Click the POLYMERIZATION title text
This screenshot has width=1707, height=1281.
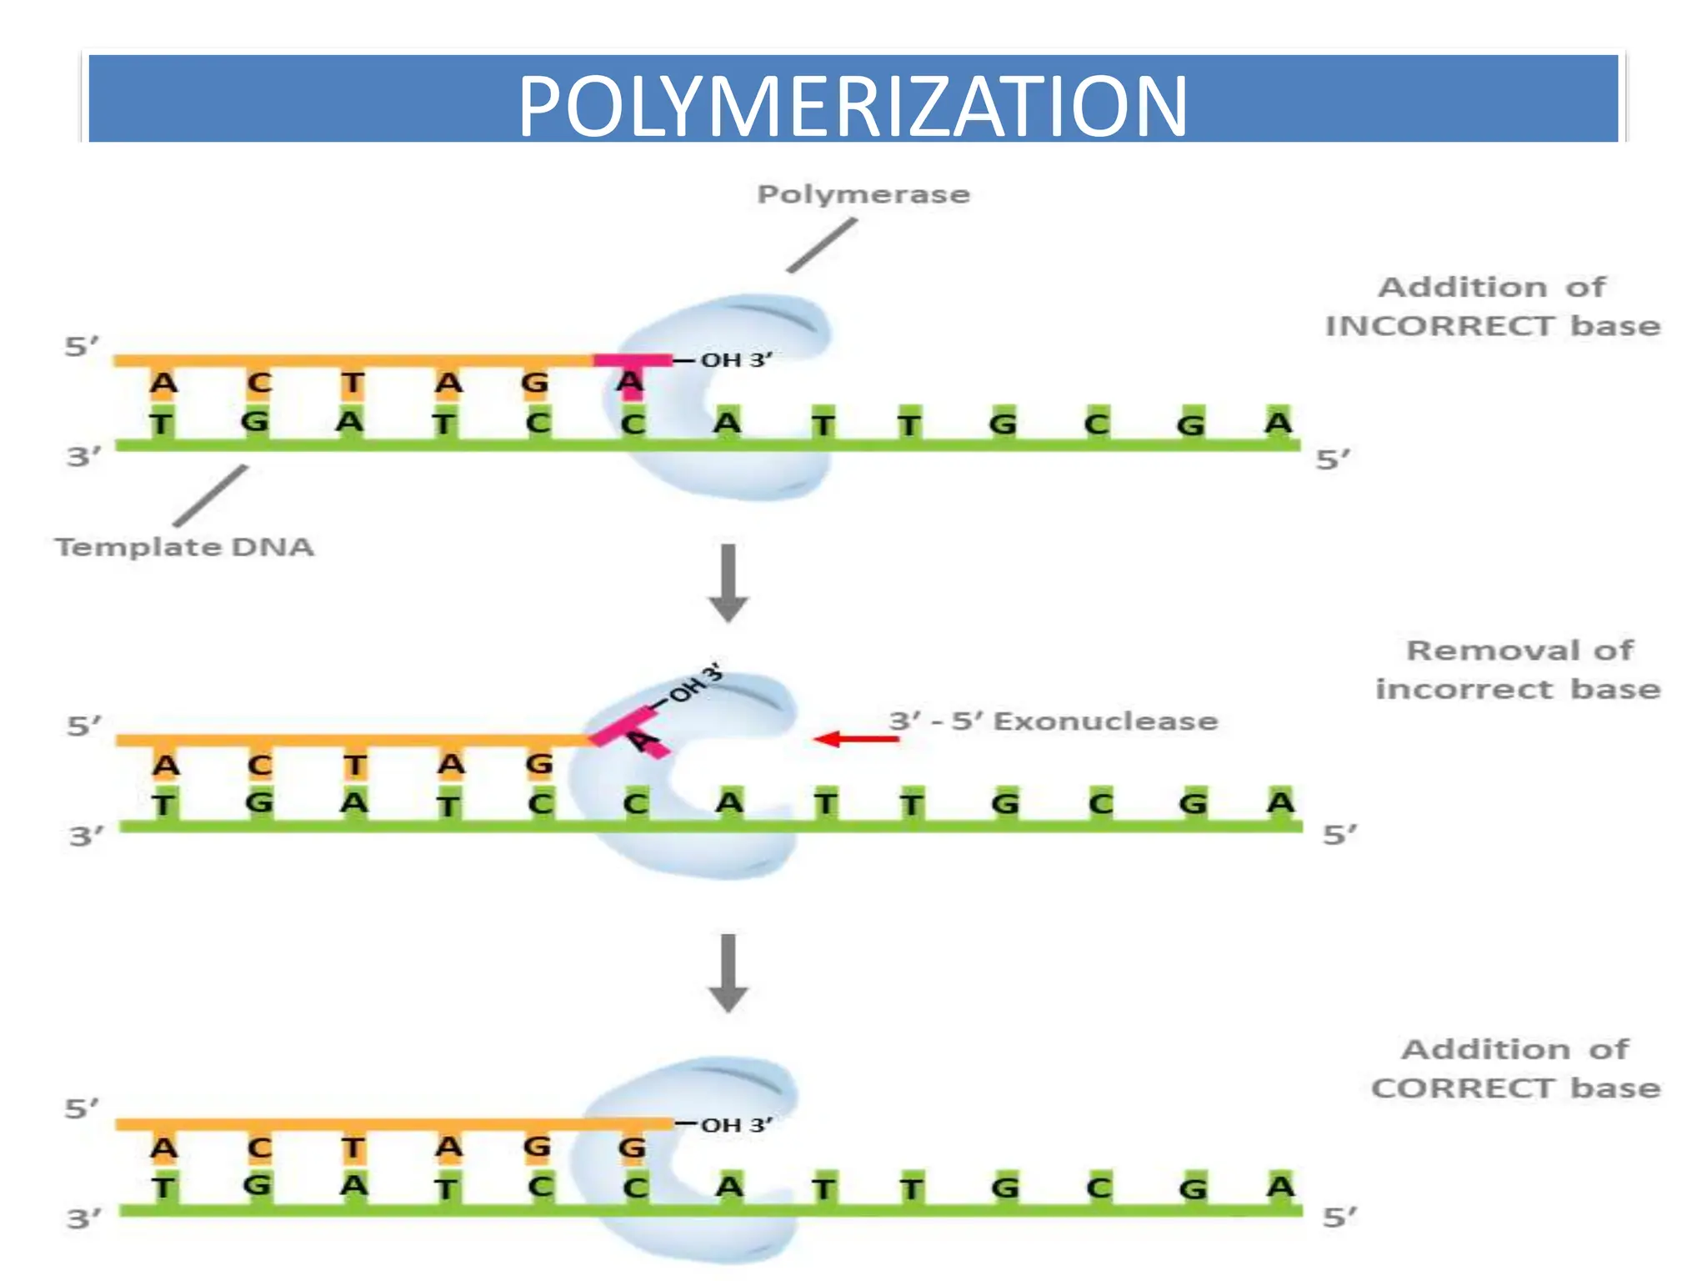coord(852,107)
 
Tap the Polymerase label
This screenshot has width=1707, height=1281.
coord(864,194)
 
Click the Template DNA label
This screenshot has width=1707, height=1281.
coord(184,547)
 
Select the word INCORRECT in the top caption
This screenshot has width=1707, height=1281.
coord(1439,326)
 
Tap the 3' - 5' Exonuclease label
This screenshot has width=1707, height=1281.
coord(1054,721)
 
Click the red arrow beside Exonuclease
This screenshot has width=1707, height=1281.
coord(854,739)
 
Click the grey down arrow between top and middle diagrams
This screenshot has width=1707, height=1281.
coord(728,583)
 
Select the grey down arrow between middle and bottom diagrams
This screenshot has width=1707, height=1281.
coord(728,972)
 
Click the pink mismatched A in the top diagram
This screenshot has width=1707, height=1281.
coord(630,382)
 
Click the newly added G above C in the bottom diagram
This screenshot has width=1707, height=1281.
coord(632,1148)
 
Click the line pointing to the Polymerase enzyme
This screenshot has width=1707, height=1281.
coord(822,245)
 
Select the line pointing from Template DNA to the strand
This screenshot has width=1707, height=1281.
coord(211,496)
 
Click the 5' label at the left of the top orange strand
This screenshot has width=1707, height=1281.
coord(82,346)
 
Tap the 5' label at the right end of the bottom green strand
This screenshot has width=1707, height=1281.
coord(1339,1217)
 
